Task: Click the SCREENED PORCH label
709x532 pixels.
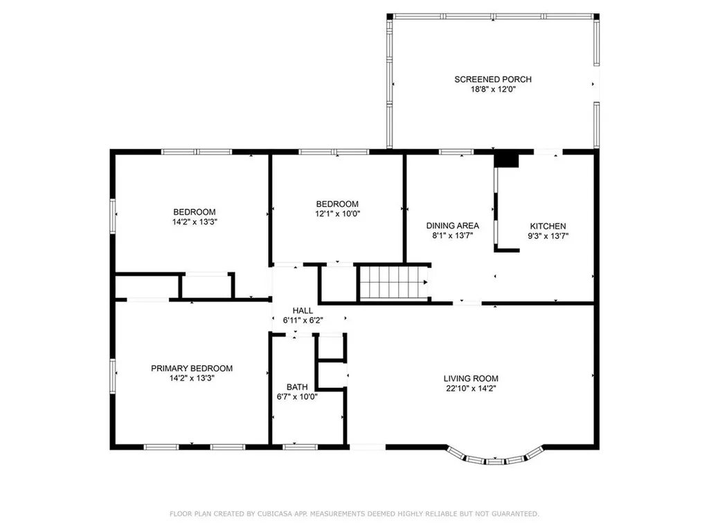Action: tap(492, 80)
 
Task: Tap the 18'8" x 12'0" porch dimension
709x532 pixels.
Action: tap(492, 89)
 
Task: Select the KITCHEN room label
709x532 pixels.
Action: tap(548, 226)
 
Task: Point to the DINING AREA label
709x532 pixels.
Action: tap(452, 225)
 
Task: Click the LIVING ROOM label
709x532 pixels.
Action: tap(471, 378)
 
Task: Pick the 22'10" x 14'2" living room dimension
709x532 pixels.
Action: tap(471, 388)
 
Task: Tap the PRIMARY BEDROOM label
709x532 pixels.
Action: tap(191, 369)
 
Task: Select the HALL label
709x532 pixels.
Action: tap(303, 311)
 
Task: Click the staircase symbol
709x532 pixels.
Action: tap(393, 283)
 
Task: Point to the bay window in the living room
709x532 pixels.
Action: tap(492, 458)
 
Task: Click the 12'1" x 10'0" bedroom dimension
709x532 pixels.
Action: tap(337, 213)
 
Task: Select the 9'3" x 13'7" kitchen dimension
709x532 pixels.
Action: tap(548, 236)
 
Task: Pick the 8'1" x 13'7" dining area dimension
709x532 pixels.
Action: tap(452, 235)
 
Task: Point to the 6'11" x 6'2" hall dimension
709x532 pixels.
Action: tap(303, 321)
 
